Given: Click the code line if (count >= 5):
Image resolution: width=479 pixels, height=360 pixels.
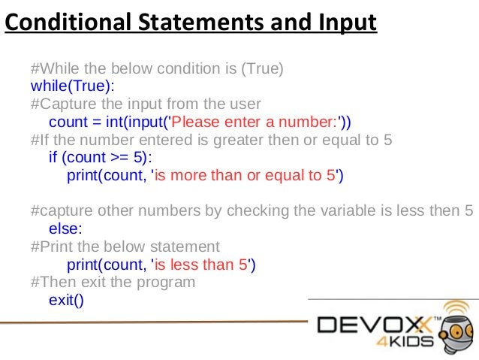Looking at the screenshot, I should [100, 158].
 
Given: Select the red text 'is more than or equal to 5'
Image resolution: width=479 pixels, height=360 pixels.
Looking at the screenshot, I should [249, 176].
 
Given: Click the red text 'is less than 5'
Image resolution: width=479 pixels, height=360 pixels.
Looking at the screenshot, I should [203, 265].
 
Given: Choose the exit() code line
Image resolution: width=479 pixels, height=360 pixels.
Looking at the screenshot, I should [67, 300].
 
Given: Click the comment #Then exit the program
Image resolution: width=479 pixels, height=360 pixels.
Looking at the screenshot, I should [113, 283].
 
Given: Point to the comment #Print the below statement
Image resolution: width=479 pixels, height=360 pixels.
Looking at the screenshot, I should [125, 247].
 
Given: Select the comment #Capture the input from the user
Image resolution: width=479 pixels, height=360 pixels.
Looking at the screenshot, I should [146, 104].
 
